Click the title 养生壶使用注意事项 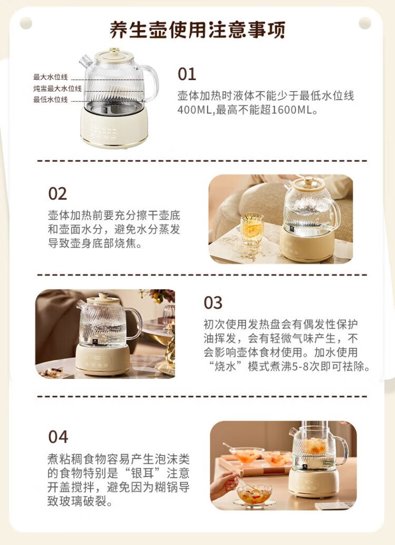point(197,30)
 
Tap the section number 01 point(187,74)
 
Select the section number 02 point(57,193)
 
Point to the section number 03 point(213,303)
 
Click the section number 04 point(58,437)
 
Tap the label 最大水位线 point(51,77)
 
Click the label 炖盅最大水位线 point(57,89)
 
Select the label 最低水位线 point(51,100)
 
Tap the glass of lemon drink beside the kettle point(252,229)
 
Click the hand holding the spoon point(224,484)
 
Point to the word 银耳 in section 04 point(143,473)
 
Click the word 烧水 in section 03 point(225,366)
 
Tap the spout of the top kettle point(85,62)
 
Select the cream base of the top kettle point(114,127)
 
